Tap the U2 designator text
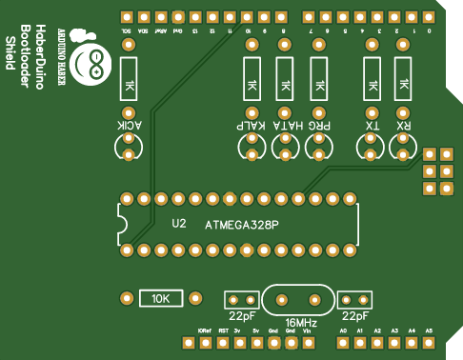point(179,225)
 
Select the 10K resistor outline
point(161,298)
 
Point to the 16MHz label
point(301,323)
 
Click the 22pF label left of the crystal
point(242,315)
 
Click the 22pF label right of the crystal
point(355,315)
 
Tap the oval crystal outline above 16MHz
point(299,299)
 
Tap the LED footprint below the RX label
point(404,146)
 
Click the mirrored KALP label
point(252,126)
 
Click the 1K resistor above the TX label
point(372,86)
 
